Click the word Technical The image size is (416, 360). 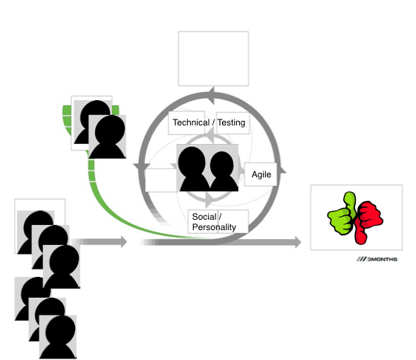191,122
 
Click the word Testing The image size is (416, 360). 231,122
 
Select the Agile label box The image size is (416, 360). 261,174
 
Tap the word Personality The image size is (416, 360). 214,227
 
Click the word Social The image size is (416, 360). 204,217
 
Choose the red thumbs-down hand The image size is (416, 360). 368,221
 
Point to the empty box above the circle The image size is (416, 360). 213,59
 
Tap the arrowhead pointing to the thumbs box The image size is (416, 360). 297,242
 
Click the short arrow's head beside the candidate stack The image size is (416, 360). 123,241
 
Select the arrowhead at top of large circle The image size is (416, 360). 212,95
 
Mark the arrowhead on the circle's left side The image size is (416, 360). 142,167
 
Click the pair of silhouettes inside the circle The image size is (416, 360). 207,168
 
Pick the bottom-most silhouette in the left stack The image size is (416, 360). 58,337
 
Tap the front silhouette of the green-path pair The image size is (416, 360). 107,137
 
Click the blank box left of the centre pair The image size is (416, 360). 161,180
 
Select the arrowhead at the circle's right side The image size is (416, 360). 283,170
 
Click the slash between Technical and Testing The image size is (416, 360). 213,122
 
